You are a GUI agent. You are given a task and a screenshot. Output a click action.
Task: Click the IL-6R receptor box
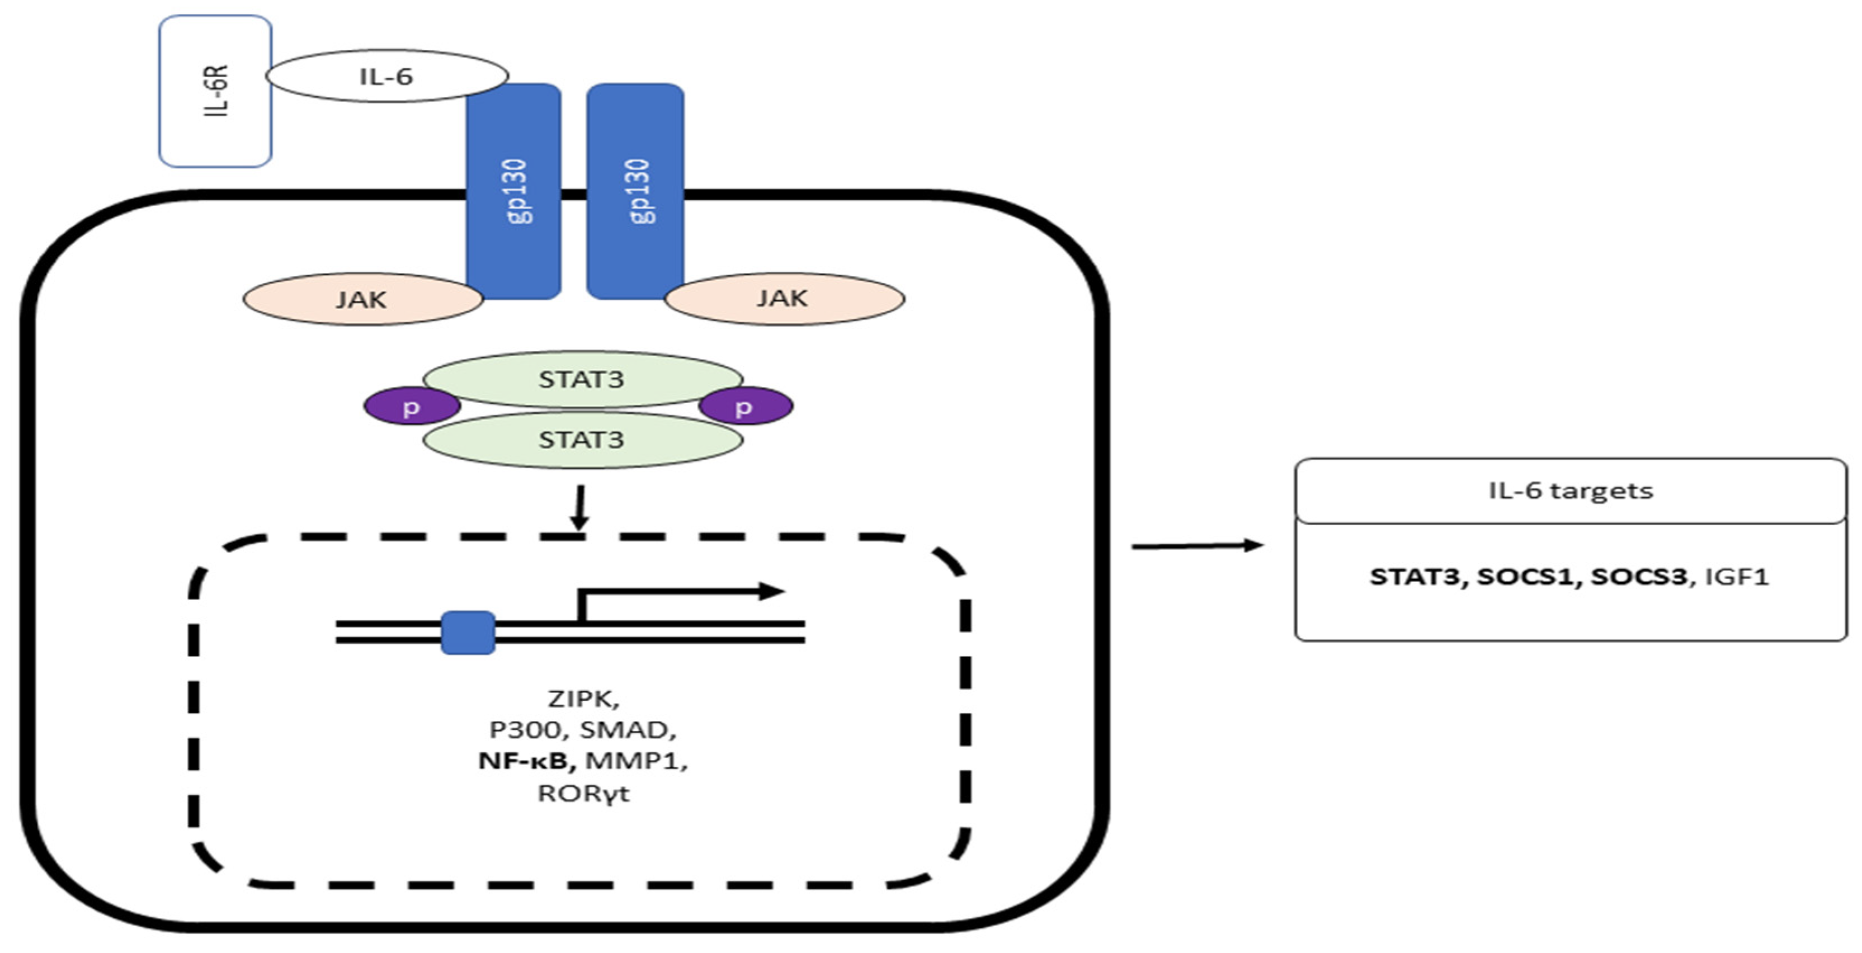[x=215, y=92]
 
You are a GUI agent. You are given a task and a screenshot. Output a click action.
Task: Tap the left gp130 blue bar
[x=514, y=191]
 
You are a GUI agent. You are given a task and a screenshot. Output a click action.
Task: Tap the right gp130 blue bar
[x=635, y=191]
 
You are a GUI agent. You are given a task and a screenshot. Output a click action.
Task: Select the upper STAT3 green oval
[x=582, y=379]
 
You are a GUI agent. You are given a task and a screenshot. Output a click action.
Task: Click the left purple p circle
[x=411, y=407]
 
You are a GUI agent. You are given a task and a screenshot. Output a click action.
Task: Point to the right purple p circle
[x=745, y=407]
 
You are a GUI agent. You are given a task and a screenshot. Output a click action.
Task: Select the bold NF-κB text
[x=527, y=761]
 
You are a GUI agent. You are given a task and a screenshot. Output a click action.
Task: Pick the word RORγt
[x=583, y=793]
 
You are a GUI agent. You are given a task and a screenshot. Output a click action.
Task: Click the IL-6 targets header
[x=1570, y=491]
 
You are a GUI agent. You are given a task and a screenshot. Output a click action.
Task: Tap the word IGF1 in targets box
[x=1736, y=577]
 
